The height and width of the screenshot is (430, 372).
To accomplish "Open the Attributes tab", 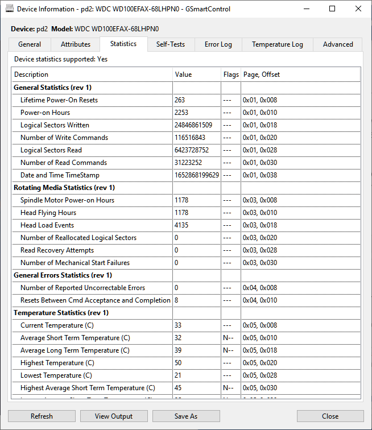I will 76,44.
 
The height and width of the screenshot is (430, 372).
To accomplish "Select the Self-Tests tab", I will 171,44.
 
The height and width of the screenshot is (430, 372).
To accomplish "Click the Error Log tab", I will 218,44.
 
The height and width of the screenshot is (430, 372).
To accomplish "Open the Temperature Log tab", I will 278,44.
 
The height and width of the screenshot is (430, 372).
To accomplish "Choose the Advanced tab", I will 338,44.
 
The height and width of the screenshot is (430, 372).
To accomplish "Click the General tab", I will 30,44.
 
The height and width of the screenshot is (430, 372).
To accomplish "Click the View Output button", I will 114,416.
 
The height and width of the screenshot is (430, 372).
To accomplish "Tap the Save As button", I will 186,416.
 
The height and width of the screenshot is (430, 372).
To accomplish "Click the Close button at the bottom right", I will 330,416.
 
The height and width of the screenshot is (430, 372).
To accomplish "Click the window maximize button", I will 332,9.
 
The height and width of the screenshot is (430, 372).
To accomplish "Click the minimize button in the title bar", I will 307,9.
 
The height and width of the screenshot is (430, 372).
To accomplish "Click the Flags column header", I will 231,75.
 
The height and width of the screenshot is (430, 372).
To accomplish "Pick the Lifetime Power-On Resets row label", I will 59,100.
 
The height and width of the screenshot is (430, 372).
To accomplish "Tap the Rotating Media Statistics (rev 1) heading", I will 64,188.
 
